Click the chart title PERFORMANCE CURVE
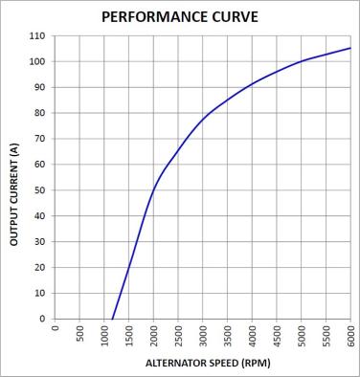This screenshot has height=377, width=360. (x=180, y=17)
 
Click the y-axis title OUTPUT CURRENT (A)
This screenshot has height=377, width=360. (x=14, y=194)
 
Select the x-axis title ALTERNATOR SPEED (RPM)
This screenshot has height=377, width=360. (x=208, y=363)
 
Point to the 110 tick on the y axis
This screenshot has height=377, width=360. (x=37, y=36)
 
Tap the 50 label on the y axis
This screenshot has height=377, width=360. (x=39, y=190)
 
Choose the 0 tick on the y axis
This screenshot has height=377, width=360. (x=43, y=319)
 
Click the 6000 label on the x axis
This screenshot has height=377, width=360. (x=350, y=336)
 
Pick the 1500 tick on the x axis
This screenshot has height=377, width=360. (x=128, y=336)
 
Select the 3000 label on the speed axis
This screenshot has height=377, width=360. (x=203, y=336)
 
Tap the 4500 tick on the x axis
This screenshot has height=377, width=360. (x=277, y=336)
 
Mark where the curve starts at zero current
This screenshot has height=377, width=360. (x=112, y=319)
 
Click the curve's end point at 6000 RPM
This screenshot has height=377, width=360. (x=350, y=48)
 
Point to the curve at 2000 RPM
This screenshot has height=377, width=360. (x=153, y=188)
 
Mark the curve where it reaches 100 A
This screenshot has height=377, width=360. (x=302, y=61)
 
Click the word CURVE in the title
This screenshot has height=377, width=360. (x=236, y=17)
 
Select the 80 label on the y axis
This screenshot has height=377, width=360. (x=39, y=113)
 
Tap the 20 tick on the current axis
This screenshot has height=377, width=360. (x=39, y=267)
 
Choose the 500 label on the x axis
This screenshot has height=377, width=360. (x=79, y=333)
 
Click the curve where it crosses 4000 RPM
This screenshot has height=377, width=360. (x=252, y=84)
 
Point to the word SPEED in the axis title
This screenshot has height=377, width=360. (x=223, y=363)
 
